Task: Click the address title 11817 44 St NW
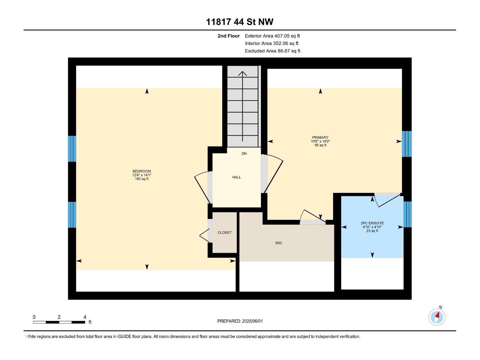tap(240, 22)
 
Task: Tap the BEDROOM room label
tap(142, 171)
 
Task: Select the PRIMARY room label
tap(320, 137)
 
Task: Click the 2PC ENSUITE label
tap(372, 223)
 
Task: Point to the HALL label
tap(237, 177)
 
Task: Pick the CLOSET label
tap(225, 232)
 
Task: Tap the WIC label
tap(279, 243)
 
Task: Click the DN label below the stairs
tap(244, 154)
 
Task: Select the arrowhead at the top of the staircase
tap(242, 73)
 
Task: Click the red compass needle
tap(437, 315)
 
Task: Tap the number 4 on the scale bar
tap(85, 317)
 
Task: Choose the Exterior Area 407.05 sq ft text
tap(272, 36)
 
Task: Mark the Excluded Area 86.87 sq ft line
tap(272, 51)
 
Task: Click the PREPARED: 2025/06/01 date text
tap(240, 321)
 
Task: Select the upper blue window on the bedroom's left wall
tap(72, 149)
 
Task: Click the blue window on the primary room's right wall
tap(407, 144)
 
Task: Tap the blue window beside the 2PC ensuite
tap(408, 214)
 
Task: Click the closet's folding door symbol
tap(205, 235)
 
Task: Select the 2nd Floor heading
tap(229, 36)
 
